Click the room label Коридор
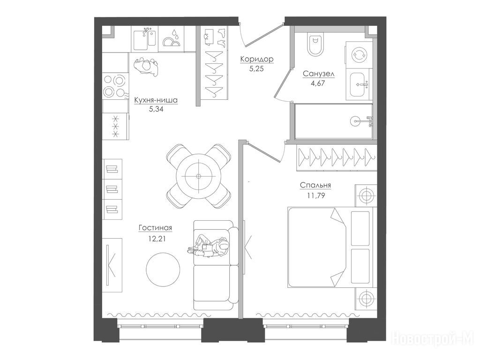point(256,59)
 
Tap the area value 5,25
point(256,68)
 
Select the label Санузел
point(318,74)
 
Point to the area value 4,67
point(318,83)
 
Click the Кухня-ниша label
point(156,100)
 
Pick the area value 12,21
point(157,239)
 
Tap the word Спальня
point(315,185)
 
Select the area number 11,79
point(316,195)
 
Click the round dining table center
point(198,176)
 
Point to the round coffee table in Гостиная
point(163,270)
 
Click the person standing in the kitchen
point(146,67)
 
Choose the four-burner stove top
point(114,86)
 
